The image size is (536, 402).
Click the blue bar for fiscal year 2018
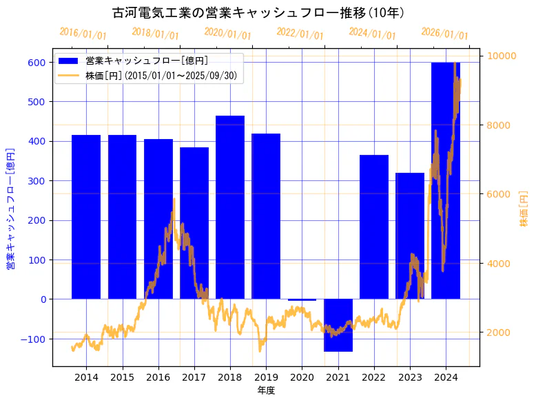(230, 207)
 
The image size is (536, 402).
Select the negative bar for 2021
(338, 325)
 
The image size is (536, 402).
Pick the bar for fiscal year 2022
(374, 227)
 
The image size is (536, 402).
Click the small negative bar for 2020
(302, 300)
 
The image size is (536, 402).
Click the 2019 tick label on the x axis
(266, 377)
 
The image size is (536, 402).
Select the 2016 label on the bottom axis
(158, 377)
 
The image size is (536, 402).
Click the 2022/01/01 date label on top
(300, 33)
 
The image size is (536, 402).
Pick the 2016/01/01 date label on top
(83, 33)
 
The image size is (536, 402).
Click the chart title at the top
(258, 12)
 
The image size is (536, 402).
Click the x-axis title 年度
(266, 390)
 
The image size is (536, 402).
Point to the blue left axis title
(10, 207)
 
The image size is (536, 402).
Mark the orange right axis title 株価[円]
(524, 210)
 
